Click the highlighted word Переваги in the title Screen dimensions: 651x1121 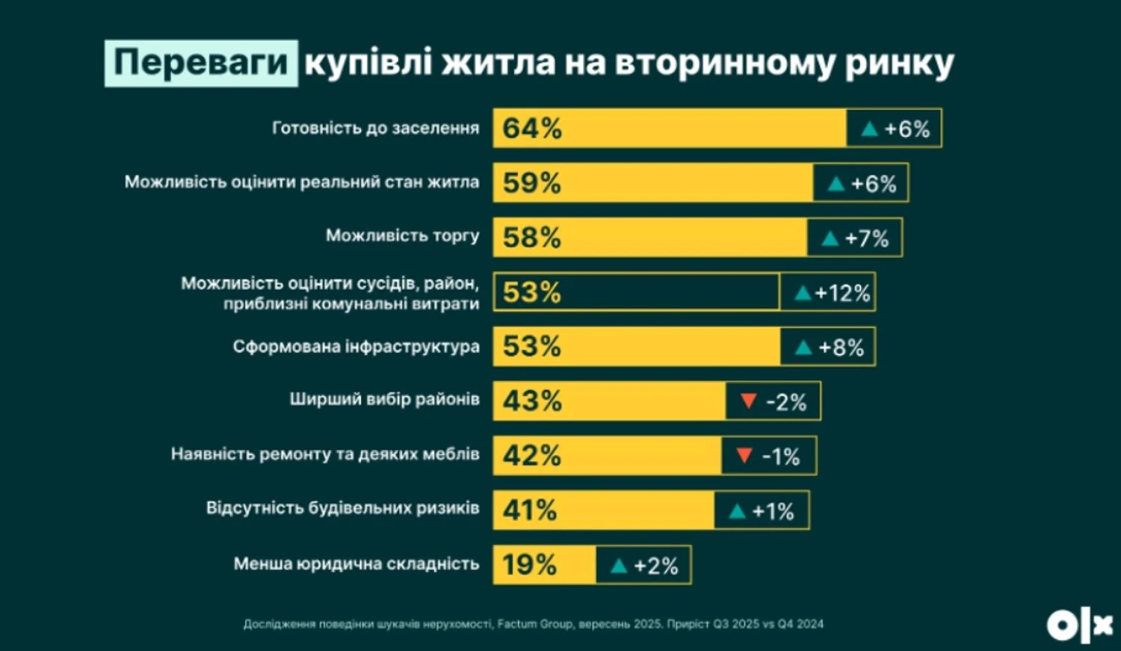201,63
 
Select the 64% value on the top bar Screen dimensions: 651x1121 532,129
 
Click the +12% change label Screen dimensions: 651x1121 842,293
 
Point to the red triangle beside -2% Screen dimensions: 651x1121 748,401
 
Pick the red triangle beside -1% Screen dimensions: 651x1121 744,455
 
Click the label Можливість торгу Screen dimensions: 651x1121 402,236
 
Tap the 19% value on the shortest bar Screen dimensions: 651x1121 529,565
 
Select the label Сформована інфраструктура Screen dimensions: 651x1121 356,347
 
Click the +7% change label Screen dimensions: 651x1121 866,239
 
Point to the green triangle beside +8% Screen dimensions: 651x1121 803,348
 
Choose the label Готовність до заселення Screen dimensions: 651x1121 375,129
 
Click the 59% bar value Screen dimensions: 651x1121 531,183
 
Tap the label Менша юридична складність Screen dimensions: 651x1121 356,564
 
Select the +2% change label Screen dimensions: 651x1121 655,567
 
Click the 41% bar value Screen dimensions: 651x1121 529,510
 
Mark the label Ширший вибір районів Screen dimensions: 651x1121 384,400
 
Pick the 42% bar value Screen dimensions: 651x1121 531,455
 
